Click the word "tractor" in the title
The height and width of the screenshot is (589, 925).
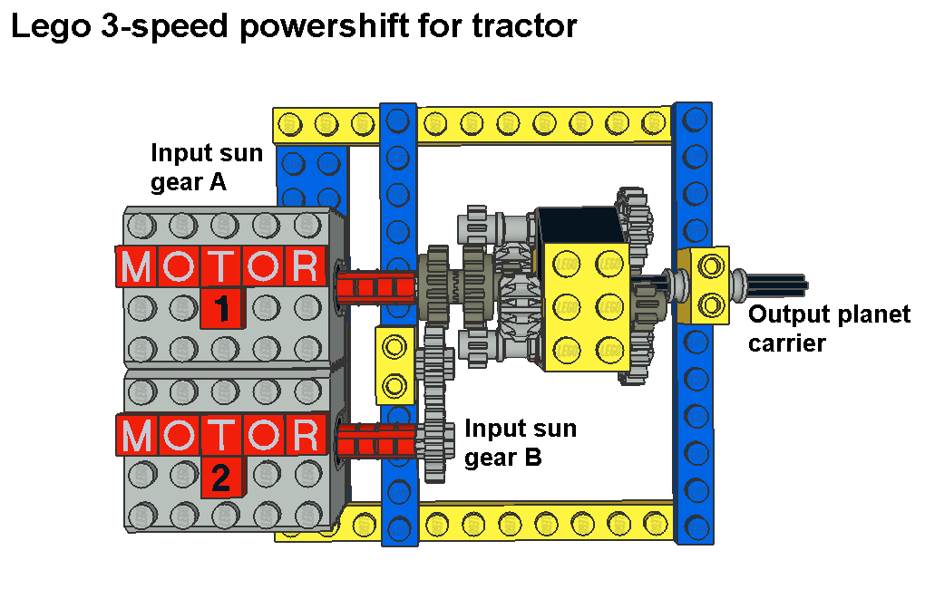(x=524, y=25)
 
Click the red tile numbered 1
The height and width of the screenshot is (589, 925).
(x=220, y=309)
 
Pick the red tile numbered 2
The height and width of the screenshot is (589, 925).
(x=220, y=477)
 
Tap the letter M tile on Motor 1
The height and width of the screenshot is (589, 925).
(x=137, y=266)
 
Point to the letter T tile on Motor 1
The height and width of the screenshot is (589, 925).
(x=221, y=266)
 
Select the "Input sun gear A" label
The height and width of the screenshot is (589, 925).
(x=206, y=168)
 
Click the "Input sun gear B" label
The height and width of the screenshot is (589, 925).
(x=520, y=442)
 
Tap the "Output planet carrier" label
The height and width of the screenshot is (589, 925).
(x=828, y=329)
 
